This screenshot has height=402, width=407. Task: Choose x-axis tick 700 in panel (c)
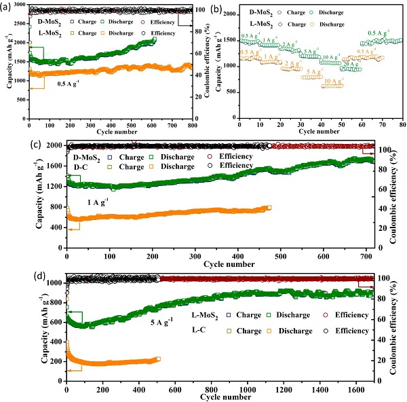tap(367, 255)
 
